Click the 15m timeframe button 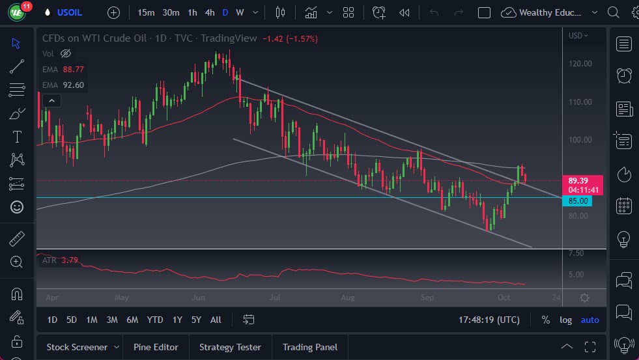pos(146,12)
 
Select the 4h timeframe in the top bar pos(209,12)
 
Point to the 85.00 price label pos(578,201)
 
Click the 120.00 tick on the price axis pos(580,64)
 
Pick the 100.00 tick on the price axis pos(580,140)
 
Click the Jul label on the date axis pos(275,298)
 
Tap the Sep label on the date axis pos(427,298)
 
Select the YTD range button pos(155,320)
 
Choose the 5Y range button pos(196,320)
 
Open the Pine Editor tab pos(156,347)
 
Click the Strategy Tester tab pos(230,347)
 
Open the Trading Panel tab pos(309,347)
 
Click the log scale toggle pos(565,320)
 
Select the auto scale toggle pos(589,320)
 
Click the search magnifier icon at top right pos(613,12)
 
